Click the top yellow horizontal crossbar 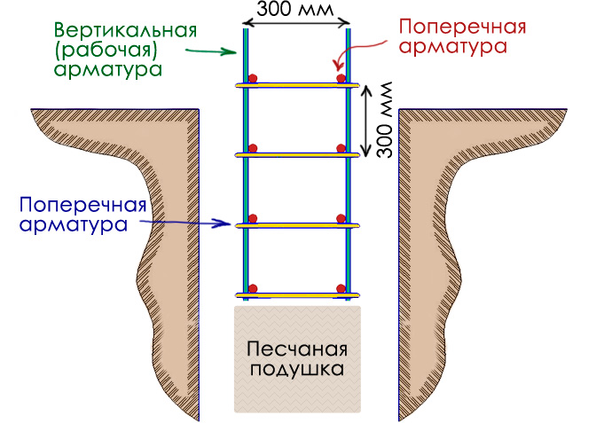[x=297, y=85]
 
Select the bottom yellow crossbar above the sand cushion [x=297, y=294]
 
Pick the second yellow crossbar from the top [x=297, y=154]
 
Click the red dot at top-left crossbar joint [x=253, y=78]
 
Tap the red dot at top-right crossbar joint [x=341, y=79]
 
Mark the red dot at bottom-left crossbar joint [x=253, y=287]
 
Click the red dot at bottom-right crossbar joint [x=341, y=287]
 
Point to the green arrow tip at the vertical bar [x=238, y=52]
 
